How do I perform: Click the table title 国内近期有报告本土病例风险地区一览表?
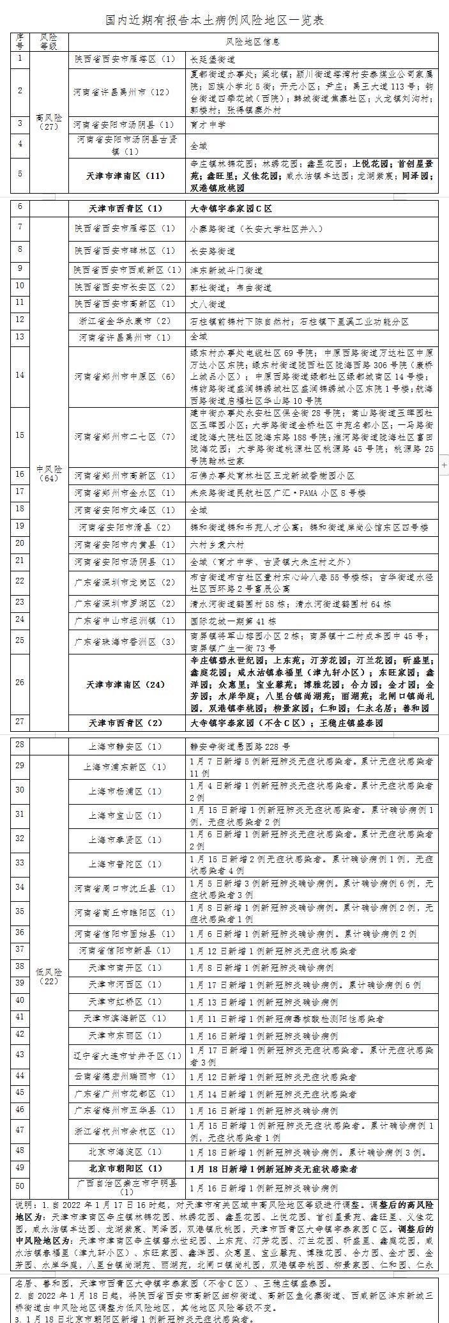coord(215,21)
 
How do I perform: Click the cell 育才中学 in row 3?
coord(207,124)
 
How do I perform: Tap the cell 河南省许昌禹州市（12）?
coord(122,91)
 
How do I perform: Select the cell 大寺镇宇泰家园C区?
coord(231,208)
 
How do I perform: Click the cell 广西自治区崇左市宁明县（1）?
coord(126,1188)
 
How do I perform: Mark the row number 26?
coord(20,683)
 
